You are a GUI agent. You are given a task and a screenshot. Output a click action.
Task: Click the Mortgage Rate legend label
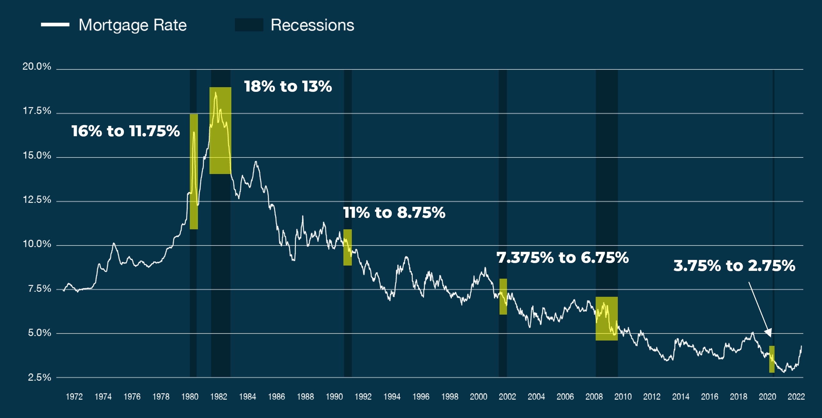pos(132,25)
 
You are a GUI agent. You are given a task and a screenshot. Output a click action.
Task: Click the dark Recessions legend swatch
pos(249,25)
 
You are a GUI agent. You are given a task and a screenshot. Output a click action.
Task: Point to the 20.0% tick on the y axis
pos(37,67)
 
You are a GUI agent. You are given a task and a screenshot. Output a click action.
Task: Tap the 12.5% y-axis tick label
pos(37,200)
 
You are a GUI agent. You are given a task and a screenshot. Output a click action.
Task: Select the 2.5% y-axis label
pos(39,377)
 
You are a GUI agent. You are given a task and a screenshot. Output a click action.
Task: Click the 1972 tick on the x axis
pos(74,397)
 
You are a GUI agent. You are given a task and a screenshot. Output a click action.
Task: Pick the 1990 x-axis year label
pos(334,397)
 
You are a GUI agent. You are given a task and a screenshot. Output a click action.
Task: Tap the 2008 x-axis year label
pos(594,397)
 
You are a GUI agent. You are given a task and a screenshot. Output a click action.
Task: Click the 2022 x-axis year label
pos(796,397)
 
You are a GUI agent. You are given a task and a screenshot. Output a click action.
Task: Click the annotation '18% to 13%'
pos(288,86)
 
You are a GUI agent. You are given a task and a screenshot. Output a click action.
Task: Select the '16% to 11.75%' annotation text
pos(126,131)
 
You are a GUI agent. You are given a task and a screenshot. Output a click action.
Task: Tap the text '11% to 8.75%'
pos(394,213)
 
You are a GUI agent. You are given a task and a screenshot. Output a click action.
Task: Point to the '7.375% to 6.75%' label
pos(562,258)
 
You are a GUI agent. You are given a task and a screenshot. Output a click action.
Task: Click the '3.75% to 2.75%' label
pos(734,266)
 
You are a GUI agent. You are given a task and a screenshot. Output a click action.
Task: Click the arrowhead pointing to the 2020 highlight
pos(769,333)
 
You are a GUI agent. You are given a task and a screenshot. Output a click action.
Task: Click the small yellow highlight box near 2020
pos(772,359)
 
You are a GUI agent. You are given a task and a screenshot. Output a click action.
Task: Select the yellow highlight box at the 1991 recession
pos(347,247)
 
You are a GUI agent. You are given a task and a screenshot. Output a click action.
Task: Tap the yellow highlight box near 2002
pos(503,296)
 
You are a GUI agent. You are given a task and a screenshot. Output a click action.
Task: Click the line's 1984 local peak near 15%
pos(256,162)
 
